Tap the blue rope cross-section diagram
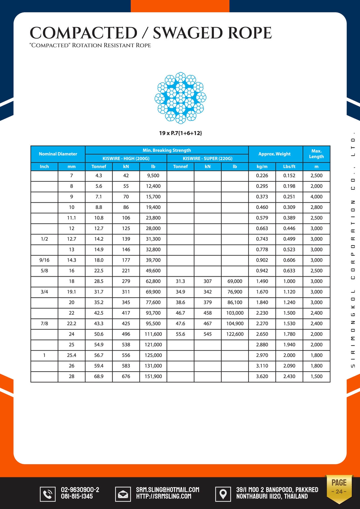pyautogui.click(x=180, y=98)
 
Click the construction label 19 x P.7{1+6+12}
pyautogui.click(x=180, y=133)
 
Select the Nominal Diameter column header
pyautogui.click(x=58, y=154)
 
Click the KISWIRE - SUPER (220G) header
pyautogui.click(x=208, y=158)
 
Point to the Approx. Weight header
pyautogui.click(x=274, y=154)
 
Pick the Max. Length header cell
pyautogui.click(x=316, y=154)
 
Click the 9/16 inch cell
pyautogui.click(x=44, y=260)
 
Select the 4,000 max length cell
pyautogui.click(x=316, y=197)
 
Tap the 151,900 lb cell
pyautogui.click(x=153, y=376)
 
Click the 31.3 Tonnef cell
pyautogui.click(x=180, y=281)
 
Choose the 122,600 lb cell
pyautogui.click(x=235, y=334)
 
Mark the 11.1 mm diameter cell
pyautogui.click(x=71, y=218)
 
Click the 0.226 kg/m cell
pyautogui.click(x=262, y=175)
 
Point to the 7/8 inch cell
pyautogui.click(x=44, y=323)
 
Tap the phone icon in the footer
pyautogui.click(x=48, y=494)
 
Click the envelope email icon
pyautogui.click(x=123, y=494)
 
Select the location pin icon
pyautogui.click(x=223, y=494)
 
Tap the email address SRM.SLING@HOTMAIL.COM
pyautogui.click(x=168, y=490)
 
